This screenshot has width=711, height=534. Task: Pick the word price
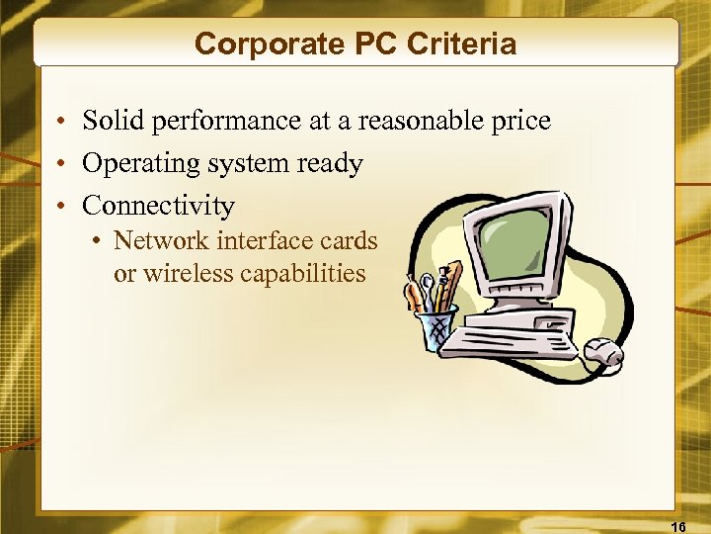click(519, 122)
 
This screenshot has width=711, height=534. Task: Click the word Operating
click(136, 164)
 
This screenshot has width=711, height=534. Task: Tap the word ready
click(329, 164)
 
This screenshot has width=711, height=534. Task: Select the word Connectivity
click(158, 206)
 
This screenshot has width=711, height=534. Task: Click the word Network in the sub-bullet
click(161, 240)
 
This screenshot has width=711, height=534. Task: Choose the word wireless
click(190, 273)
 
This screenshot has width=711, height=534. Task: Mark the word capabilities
click(305, 274)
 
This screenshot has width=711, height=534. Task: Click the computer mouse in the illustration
click(603, 351)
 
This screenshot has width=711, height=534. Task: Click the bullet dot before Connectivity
click(60, 207)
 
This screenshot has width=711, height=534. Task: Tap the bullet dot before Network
click(98, 241)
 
